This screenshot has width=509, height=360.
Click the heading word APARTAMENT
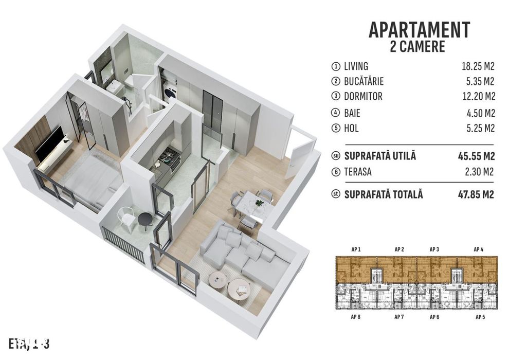[x=419, y=30]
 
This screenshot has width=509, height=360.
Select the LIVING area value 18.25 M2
[x=478, y=66]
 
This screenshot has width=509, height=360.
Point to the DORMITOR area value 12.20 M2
[x=478, y=96]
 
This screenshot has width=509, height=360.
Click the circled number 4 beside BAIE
[x=336, y=112]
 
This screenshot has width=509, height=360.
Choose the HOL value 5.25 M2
[x=480, y=127]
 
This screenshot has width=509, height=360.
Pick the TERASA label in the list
[x=360, y=172]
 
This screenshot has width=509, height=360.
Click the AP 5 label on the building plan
[x=481, y=317]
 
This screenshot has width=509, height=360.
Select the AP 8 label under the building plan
[x=356, y=317]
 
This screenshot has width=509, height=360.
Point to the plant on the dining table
[x=259, y=202]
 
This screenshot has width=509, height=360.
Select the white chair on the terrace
[x=126, y=217]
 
